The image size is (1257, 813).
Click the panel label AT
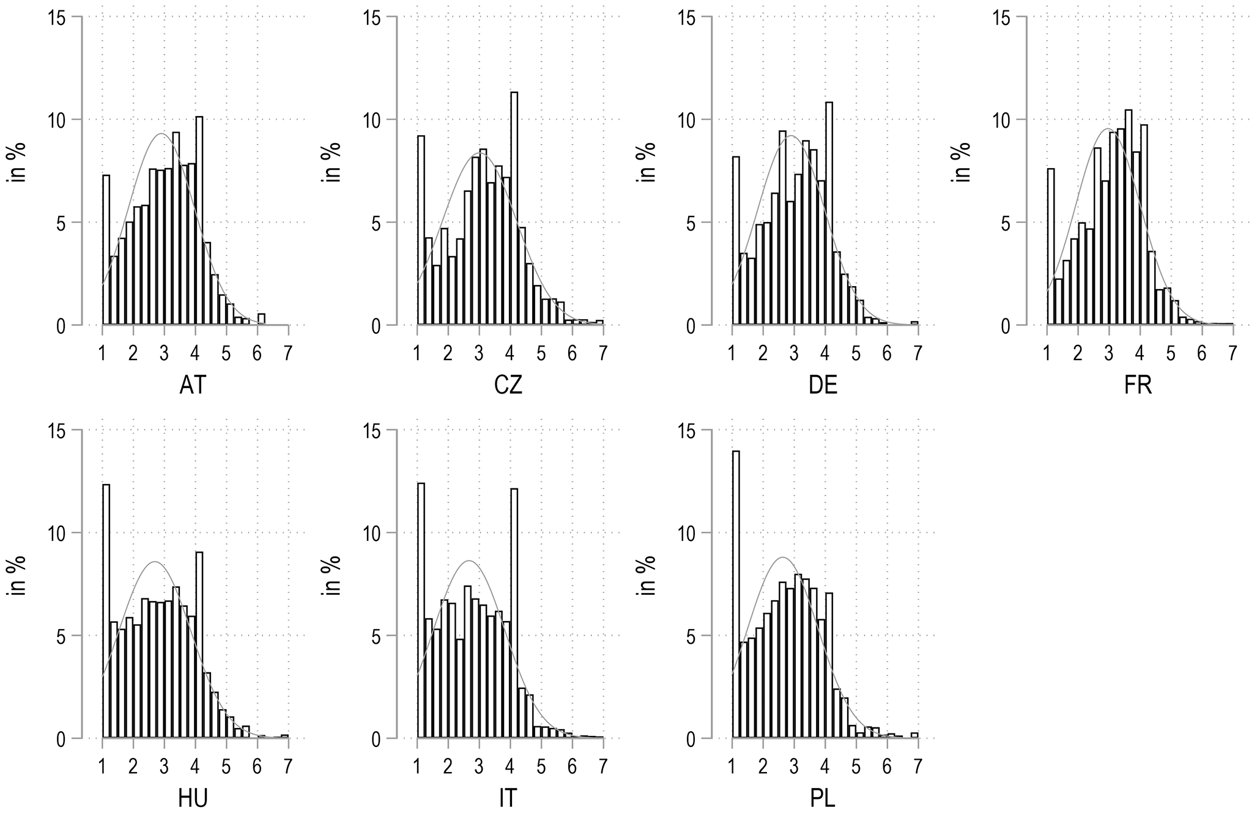193,385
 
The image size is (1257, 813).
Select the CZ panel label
508,385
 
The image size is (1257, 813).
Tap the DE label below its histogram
823,385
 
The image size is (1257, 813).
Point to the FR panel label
1138,385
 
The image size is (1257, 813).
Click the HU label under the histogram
193,799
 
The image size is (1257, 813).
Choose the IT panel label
508,799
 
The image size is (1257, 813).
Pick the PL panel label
823,799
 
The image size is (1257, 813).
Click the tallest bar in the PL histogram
736,594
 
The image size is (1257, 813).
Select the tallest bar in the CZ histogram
514,208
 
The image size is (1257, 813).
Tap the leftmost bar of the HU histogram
106,611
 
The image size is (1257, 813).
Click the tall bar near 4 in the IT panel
514,614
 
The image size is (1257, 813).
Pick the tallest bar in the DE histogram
829,213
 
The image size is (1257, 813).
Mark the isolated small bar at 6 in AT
261,319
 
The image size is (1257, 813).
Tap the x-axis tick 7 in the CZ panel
603,353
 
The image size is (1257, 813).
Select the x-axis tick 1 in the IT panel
417,767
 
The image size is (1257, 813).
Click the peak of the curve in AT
162,133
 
